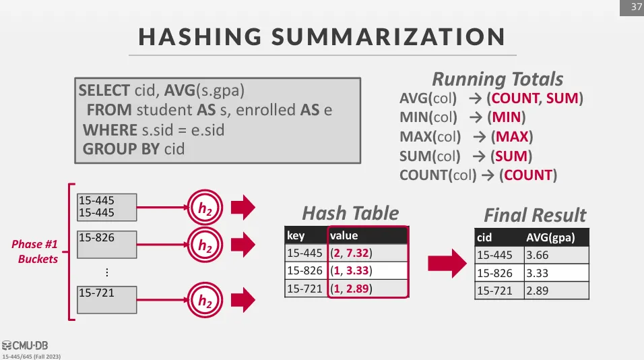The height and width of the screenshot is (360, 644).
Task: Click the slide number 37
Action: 636,7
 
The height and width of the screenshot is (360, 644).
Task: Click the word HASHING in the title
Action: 200,36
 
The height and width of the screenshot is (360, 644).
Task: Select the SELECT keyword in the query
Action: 104,90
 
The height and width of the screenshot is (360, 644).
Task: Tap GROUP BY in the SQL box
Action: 121,149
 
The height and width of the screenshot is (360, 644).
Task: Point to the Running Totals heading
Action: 497,79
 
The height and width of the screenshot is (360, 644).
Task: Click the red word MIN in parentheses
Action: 507,117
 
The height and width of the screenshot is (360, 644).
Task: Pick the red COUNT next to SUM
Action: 515,98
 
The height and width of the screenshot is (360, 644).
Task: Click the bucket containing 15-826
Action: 107,245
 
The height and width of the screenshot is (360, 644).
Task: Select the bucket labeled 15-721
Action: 107,300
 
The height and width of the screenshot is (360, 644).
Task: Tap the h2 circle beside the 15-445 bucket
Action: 205,208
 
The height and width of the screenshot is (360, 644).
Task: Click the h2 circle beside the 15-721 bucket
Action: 205,300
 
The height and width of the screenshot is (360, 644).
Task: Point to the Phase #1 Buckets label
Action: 35,251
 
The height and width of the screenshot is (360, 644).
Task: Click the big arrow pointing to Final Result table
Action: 447,264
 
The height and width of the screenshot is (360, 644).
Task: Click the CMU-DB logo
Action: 25,345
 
